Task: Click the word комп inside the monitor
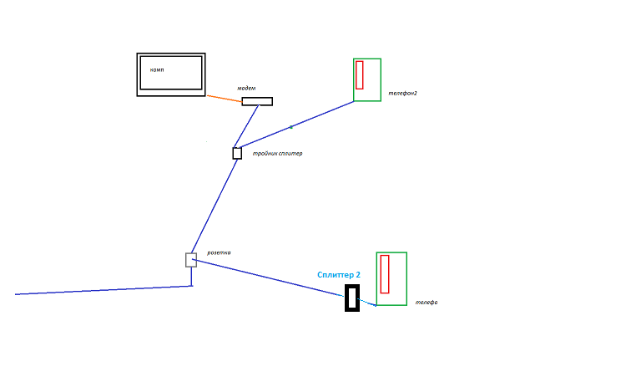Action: point(157,70)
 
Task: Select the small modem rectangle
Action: point(257,101)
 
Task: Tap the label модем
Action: point(246,88)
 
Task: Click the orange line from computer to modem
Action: point(224,98)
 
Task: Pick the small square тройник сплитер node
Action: point(237,153)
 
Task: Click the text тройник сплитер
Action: point(277,154)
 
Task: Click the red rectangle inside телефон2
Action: point(359,74)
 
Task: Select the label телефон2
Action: point(402,94)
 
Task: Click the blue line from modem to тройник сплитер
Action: point(247,125)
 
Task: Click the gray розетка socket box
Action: point(191,260)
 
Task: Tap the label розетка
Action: point(219,252)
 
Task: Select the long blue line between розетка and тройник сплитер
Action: point(215,206)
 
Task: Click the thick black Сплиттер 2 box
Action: point(352,298)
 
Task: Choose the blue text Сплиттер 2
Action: point(339,275)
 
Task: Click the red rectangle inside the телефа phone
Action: point(385,273)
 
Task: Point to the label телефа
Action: point(427,303)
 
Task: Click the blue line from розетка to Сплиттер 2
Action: point(267,278)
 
